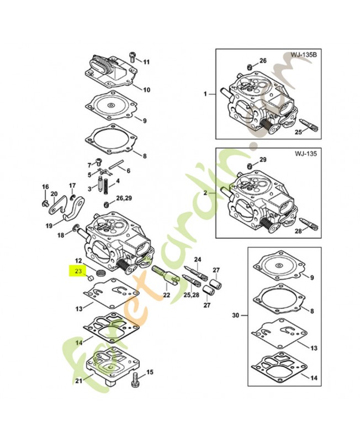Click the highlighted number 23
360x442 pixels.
(x=78, y=271)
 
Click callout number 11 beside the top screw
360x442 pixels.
(x=146, y=61)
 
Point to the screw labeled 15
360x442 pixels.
(x=135, y=380)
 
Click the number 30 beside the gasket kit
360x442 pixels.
(x=235, y=315)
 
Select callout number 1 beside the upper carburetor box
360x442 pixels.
(x=204, y=94)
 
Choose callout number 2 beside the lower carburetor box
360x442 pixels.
(x=204, y=193)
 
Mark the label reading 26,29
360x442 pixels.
(x=124, y=197)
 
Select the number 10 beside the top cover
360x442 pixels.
(x=146, y=90)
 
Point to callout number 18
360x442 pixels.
(x=61, y=235)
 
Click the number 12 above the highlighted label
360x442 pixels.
(x=78, y=260)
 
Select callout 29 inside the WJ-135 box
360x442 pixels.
(x=263, y=160)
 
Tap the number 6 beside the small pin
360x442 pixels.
(x=128, y=171)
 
